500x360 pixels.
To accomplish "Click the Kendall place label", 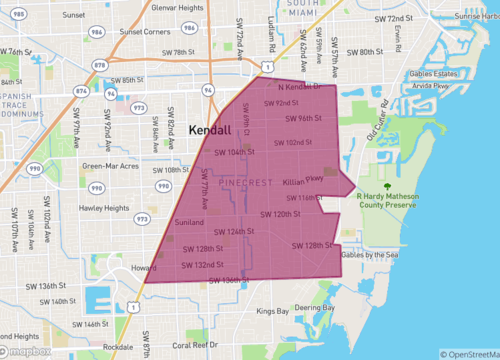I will (209, 130).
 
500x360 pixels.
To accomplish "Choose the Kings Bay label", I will (273, 312).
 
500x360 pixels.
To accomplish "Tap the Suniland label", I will (189, 222).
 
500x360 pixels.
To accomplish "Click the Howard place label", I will (144, 268).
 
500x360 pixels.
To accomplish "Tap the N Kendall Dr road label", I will (301, 87).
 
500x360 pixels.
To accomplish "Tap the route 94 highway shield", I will (208, 89).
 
